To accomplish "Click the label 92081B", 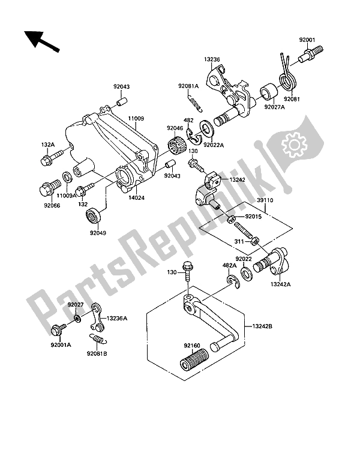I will [96, 353].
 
